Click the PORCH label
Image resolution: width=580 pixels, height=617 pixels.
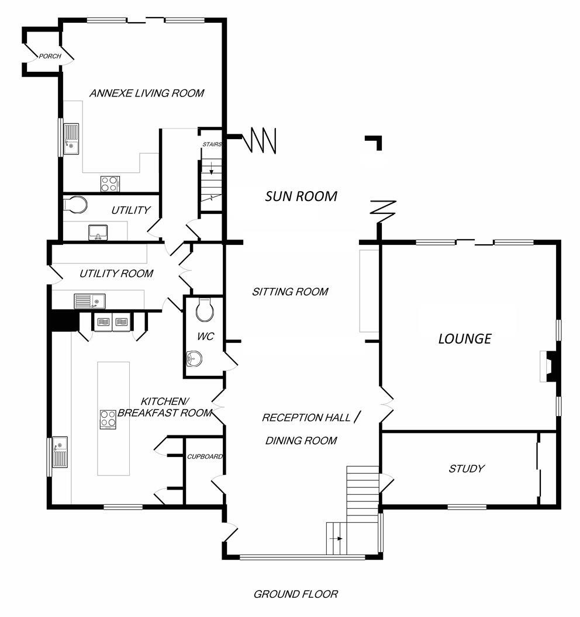point(50,56)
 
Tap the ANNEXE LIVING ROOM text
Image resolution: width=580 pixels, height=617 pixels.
point(147,93)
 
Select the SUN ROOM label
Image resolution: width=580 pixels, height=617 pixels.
point(301,196)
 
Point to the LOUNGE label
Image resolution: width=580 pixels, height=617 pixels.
point(465,338)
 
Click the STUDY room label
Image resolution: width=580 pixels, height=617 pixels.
point(466,468)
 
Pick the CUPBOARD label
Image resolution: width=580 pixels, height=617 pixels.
point(204,456)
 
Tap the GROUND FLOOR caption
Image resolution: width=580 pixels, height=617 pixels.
point(295,594)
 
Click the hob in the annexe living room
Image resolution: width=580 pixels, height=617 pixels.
point(110,183)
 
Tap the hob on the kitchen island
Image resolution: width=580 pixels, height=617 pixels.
point(108,419)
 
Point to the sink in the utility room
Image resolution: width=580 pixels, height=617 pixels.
point(89,301)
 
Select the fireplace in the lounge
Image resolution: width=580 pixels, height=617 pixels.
point(548,366)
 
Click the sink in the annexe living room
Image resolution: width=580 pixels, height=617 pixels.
point(71,138)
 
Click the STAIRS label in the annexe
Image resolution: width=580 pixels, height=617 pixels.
point(211,144)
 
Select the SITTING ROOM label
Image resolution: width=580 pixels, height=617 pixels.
point(290,292)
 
